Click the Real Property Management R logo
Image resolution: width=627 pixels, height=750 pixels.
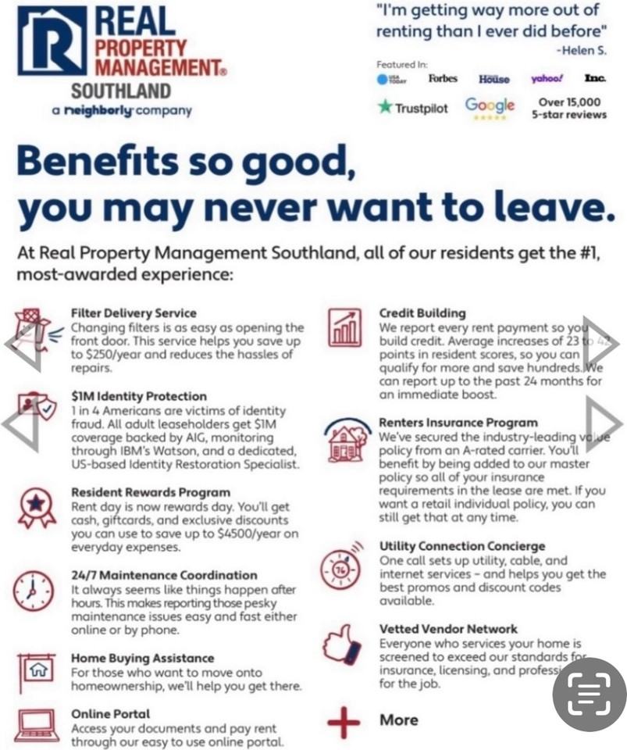click(x=52, y=41)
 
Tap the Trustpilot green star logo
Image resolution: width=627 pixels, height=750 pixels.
click(x=385, y=107)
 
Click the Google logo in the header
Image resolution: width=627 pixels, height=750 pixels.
click(x=490, y=105)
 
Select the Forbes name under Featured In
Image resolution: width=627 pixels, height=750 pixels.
click(x=443, y=79)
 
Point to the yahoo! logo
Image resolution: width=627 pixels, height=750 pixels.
click(x=547, y=79)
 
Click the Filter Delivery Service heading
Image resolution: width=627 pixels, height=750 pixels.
click(x=134, y=313)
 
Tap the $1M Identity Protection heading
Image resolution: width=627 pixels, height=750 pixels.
click(x=139, y=396)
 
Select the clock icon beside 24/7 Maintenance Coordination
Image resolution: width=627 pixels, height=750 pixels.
click(x=34, y=591)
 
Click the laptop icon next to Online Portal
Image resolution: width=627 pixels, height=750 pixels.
click(x=36, y=724)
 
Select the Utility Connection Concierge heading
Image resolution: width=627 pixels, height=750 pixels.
click(x=462, y=546)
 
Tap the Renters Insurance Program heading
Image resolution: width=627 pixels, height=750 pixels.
click(x=458, y=423)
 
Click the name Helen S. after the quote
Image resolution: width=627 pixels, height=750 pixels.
click(x=581, y=49)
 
